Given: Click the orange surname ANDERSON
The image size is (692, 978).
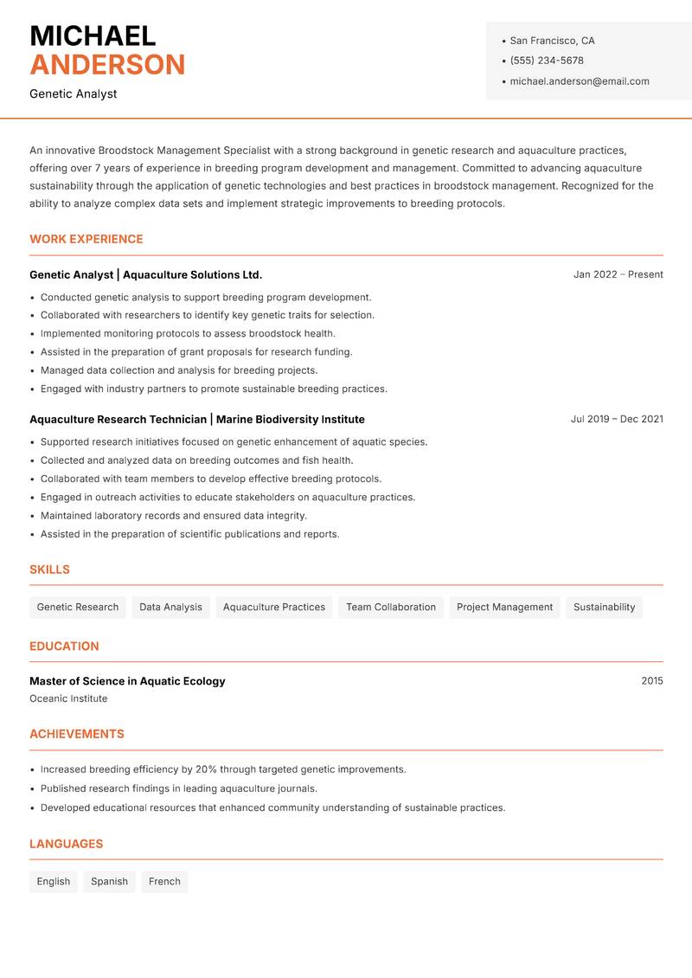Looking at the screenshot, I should (x=107, y=65).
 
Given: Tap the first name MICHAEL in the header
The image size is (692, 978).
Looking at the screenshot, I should (x=93, y=35).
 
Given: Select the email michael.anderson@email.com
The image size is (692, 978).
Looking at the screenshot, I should (x=580, y=81).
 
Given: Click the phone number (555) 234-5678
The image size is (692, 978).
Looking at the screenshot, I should (x=547, y=61).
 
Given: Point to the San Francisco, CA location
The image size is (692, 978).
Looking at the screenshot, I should (x=552, y=41).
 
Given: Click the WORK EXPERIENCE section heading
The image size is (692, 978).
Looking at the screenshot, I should (x=86, y=239).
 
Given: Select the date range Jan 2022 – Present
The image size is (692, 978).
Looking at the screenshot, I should (x=618, y=274).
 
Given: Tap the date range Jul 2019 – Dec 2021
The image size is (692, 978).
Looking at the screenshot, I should (x=617, y=419).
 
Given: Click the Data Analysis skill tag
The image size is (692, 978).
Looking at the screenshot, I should (x=170, y=607).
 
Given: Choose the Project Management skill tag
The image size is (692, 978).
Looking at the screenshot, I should (x=504, y=607).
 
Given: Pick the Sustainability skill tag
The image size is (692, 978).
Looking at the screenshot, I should (x=604, y=607).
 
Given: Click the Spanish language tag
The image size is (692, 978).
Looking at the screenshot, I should (x=109, y=881).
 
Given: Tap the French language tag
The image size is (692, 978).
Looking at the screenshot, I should (x=164, y=881).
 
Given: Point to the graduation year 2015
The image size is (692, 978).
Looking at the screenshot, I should (x=652, y=681).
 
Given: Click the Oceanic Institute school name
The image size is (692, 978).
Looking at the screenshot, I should (x=68, y=698).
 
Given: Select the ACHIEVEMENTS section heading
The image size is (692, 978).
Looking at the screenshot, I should (x=77, y=734).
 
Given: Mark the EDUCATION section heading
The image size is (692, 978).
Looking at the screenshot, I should (x=64, y=646).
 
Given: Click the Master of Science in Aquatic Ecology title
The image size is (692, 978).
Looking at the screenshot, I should (x=127, y=681).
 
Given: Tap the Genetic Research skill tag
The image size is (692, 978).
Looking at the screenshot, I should (x=78, y=607).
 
